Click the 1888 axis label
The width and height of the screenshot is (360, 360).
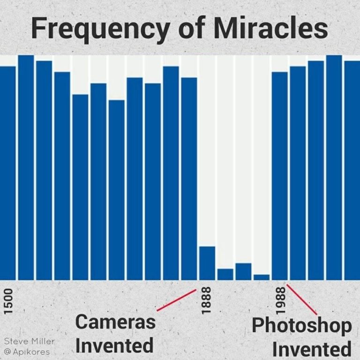(207, 300)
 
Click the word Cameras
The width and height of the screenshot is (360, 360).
(115, 323)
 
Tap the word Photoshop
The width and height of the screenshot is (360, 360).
(301, 326)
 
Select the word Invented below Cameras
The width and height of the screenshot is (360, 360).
(114, 346)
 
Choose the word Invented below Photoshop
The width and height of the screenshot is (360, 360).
(312, 349)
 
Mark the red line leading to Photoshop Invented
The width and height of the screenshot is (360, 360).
(302, 300)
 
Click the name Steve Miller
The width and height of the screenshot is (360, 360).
(29, 341)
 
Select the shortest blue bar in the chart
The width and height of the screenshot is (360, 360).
(262, 277)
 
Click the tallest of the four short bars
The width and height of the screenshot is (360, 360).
(207, 262)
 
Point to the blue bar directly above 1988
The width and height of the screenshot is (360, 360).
(280, 175)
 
